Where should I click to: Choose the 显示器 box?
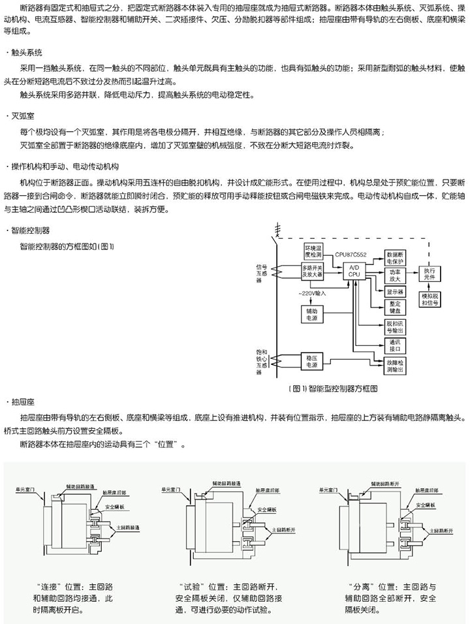point(395,291)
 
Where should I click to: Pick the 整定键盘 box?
point(395,307)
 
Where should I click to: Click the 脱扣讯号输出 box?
point(395,326)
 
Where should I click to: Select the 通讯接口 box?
point(395,345)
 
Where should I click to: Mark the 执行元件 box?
point(430,273)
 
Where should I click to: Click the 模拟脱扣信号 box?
point(430,301)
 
